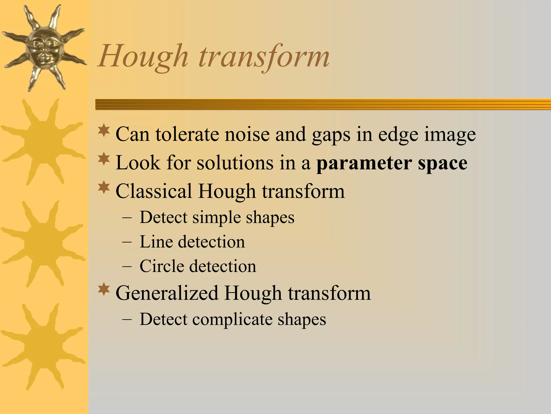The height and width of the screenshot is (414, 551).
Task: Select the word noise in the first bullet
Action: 247,134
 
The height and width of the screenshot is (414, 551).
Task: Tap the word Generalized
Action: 167,293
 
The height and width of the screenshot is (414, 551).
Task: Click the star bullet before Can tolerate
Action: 104,130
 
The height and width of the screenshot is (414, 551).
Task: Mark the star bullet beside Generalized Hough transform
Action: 104,290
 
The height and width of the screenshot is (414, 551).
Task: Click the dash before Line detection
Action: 127,242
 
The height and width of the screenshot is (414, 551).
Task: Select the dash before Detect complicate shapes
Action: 127,320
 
